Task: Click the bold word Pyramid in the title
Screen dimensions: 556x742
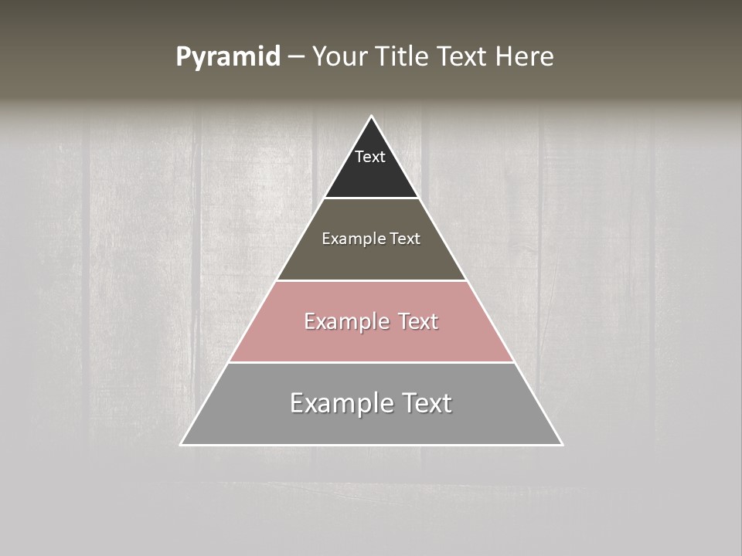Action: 228,57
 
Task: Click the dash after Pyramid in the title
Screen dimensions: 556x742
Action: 295,57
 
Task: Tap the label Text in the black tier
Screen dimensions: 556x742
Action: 370,157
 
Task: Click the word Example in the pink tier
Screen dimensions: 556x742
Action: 343,321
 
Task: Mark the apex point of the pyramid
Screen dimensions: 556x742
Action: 371,117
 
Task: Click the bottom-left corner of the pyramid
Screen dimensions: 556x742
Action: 182,444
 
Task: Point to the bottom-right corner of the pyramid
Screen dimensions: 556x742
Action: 561,444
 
